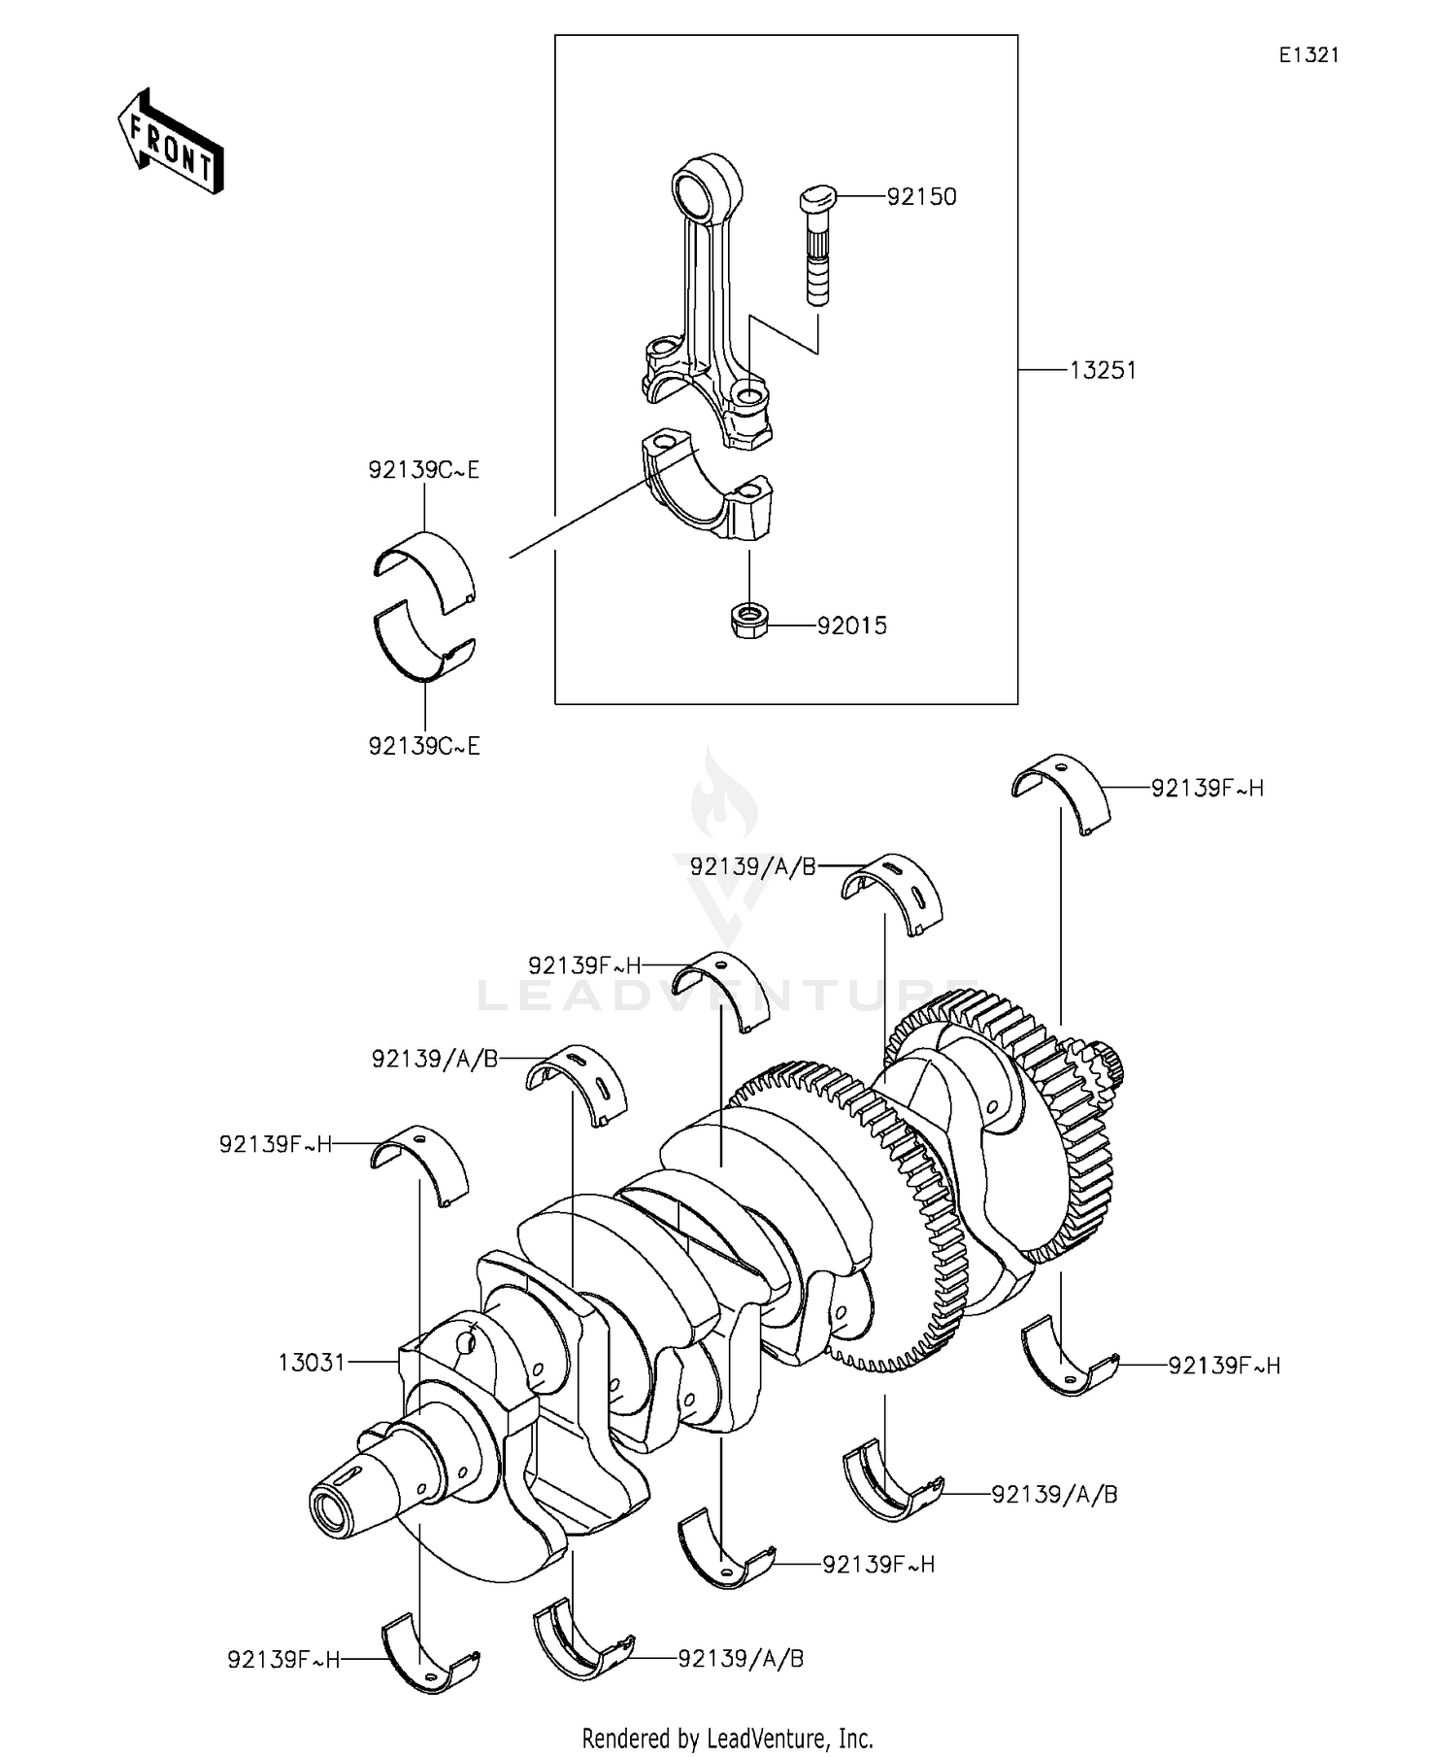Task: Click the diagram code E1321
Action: click(1307, 55)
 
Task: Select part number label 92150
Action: click(921, 197)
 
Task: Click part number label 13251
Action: click(1103, 370)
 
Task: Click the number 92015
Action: click(851, 626)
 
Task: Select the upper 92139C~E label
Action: click(424, 470)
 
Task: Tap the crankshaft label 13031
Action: click(312, 1363)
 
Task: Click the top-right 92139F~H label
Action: click(1208, 788)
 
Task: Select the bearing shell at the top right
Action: click(1061, 790)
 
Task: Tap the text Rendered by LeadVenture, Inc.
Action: click(727, 1738)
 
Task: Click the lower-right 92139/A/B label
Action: click(1054, 1494)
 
